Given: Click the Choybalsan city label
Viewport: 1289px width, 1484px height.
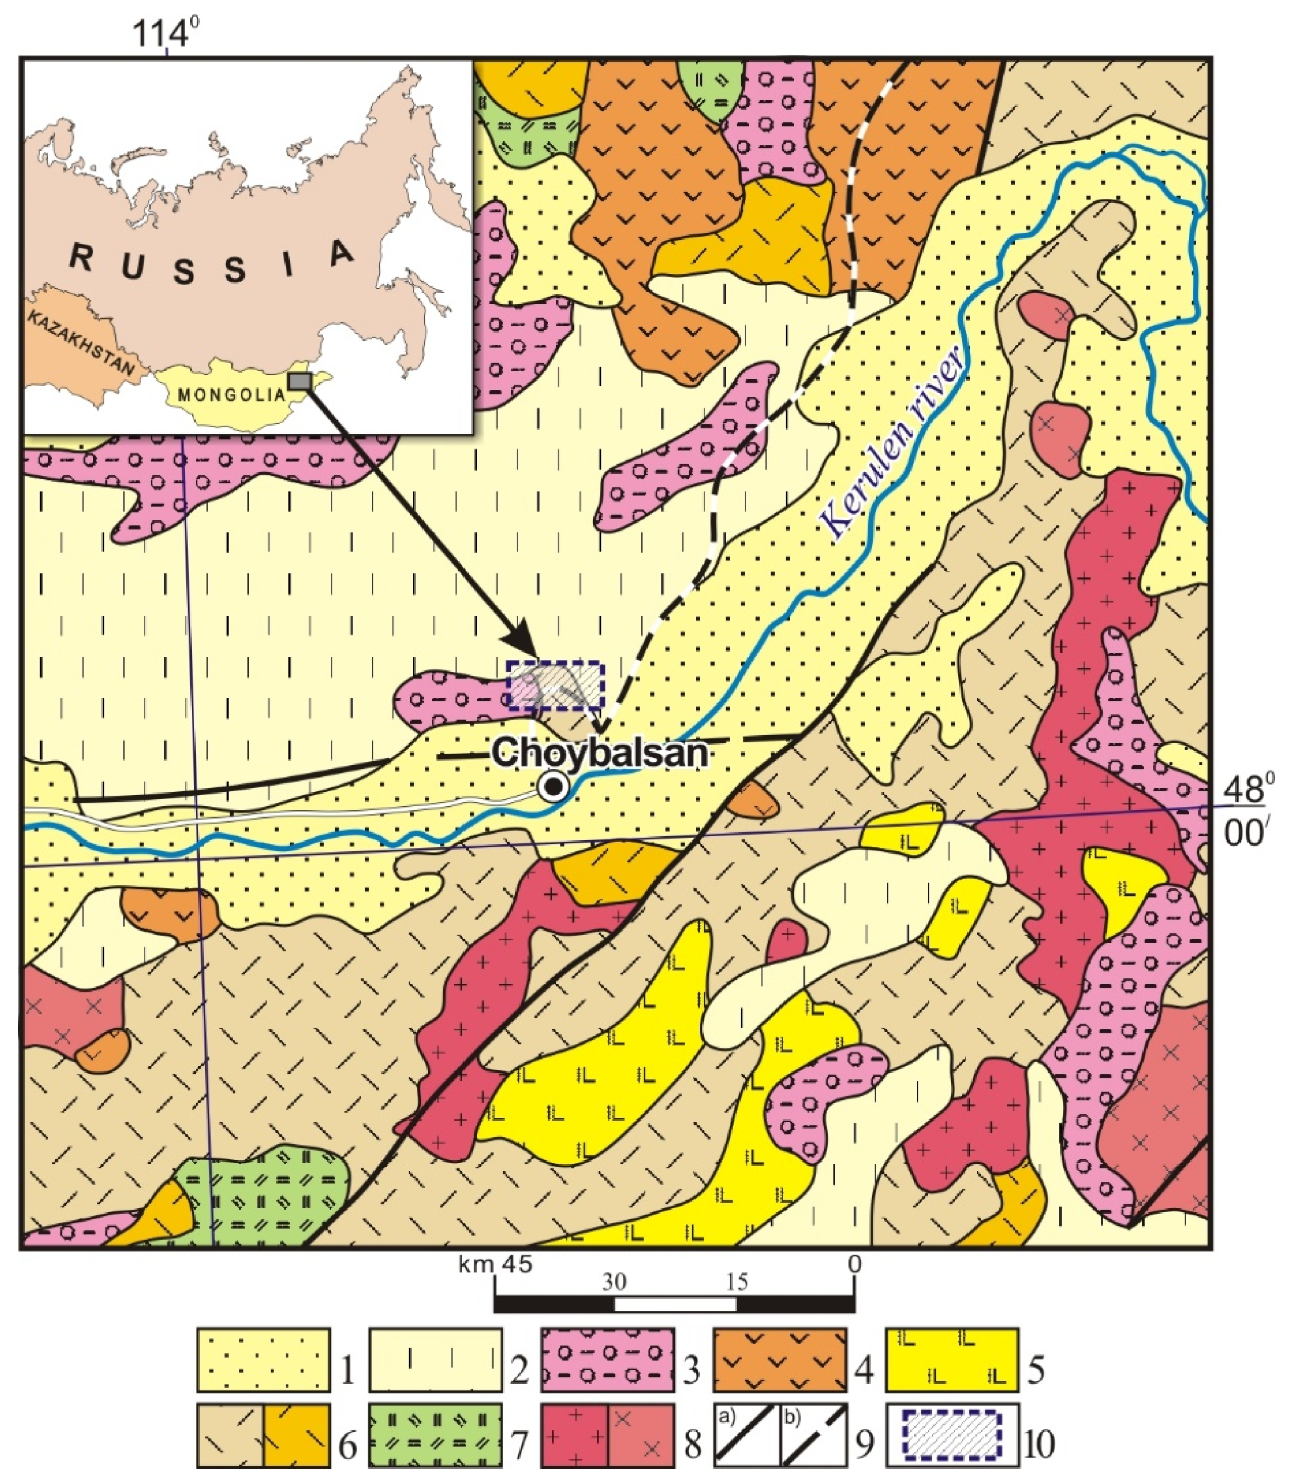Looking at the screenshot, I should click(x=600, y=754).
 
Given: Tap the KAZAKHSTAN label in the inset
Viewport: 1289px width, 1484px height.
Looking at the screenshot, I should click(x=82, y=344).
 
